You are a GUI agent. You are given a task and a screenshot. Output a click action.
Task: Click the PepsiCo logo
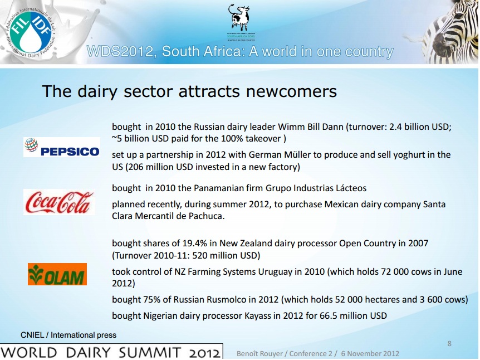click(62, 147)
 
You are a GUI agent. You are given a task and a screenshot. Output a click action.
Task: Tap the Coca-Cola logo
click(59, 202)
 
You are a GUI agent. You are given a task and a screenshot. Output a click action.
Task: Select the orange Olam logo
click(57, 274)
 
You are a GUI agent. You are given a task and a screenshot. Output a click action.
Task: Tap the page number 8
click(449, 343)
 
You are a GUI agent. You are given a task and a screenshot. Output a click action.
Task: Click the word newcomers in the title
click(291, 91)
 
